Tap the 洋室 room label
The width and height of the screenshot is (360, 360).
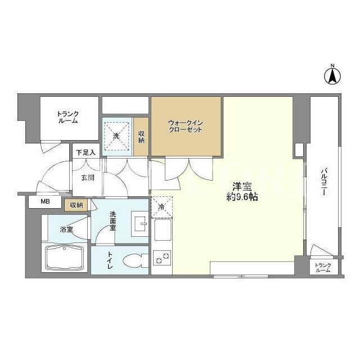[242, 187]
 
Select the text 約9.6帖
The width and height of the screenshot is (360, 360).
[242, 197]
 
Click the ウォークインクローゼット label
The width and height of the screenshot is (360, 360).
[186, 126]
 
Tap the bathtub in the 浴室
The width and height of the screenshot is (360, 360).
[64, 258]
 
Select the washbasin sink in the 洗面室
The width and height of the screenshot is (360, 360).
[140, 224]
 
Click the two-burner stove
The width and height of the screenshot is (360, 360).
[162, 258]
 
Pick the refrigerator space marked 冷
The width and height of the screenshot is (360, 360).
[161, 207]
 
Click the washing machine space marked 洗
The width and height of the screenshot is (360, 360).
[116, 136]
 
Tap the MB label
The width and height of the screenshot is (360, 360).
[45, 201]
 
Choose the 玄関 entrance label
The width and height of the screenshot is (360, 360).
[88, 178]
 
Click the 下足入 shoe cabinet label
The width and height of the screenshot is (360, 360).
[86, 152]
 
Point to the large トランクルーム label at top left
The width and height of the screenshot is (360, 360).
[68, 118]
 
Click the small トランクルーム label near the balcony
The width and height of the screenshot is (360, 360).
[323, 268]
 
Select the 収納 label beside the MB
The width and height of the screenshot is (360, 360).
[76, 205]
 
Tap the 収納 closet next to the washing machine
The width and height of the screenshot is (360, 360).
[141, 137]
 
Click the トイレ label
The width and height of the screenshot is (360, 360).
[110, 260]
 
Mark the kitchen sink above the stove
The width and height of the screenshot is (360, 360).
[163, 229]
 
